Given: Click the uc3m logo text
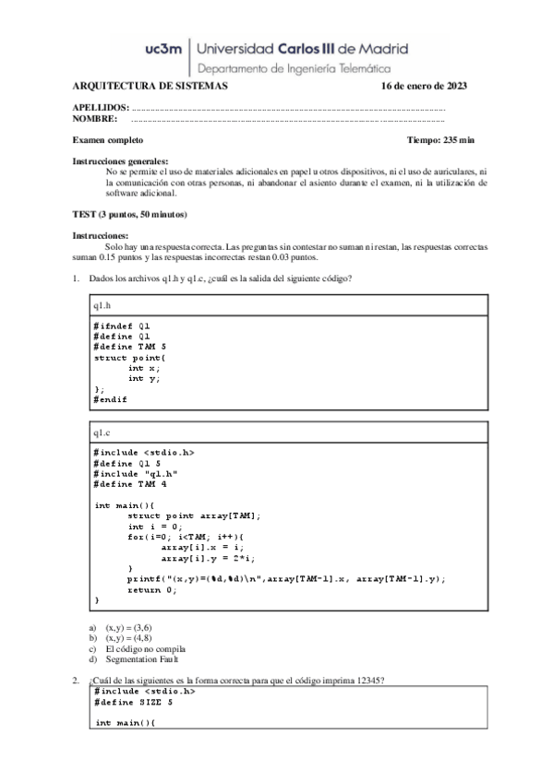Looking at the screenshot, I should [x=158, y=50].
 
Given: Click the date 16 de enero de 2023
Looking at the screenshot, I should [x=424, y=87].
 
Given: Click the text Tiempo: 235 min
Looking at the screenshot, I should [x=440, y=139].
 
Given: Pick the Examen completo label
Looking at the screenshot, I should [x=108, y=139].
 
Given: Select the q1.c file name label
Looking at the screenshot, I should [x=102, y=432].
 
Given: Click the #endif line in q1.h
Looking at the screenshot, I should [x=110, y=399].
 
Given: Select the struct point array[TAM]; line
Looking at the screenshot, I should [x=194, y=515].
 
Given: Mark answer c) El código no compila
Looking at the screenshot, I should [x=138, y=649].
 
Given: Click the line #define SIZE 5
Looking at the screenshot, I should [x=133, y=702].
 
